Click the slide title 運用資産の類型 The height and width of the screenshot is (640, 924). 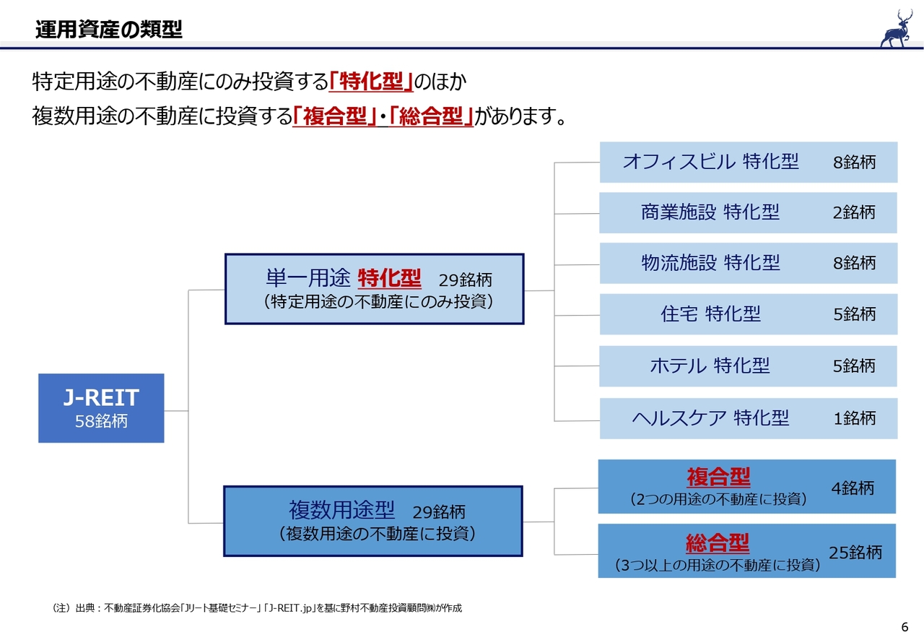click(108, 30)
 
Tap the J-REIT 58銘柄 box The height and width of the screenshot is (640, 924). click(101, 407)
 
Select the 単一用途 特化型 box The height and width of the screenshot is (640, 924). click(374, 289)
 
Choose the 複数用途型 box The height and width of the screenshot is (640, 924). click(372, 521)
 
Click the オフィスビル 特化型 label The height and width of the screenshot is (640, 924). click(710, 162)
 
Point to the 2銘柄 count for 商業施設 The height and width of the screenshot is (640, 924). click(853, 212)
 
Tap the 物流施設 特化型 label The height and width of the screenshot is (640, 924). click(710, 263)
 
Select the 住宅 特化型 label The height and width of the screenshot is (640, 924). click(710, 314)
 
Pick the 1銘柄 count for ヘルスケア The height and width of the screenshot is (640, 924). click(854, 418)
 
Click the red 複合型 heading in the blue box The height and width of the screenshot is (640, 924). click(718, 477)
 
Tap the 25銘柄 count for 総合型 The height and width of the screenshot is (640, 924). click(855, 553)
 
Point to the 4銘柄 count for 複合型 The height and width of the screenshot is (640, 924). click(852, 488)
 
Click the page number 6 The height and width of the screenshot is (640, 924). click(905, 626)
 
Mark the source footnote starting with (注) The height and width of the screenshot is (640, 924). click(253, 608)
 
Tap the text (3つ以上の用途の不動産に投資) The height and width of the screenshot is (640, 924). click(717, 565)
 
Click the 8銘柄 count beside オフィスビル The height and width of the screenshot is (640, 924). click(854, 162)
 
